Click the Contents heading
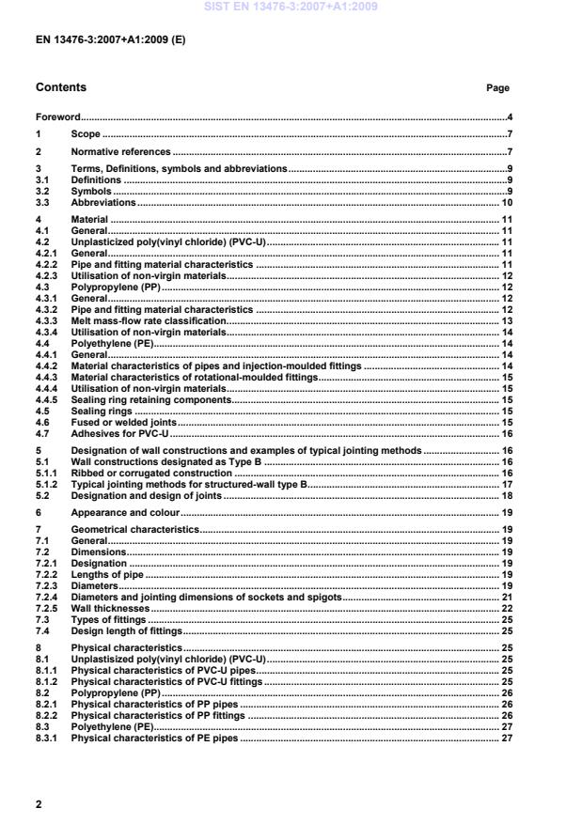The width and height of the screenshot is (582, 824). [x=60, y=87]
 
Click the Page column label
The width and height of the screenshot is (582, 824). [x=497, y=88]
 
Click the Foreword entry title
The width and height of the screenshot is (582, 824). [x=57, y=117]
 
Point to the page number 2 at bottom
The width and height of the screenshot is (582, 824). [x=39, y=804]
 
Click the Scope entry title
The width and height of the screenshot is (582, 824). [x=86, y=134]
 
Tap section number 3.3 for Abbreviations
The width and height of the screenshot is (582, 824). [x=42, y=202]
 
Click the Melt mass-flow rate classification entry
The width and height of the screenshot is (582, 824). [x=149, y=320]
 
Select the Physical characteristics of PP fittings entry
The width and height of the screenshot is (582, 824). [x=158, y=716]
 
